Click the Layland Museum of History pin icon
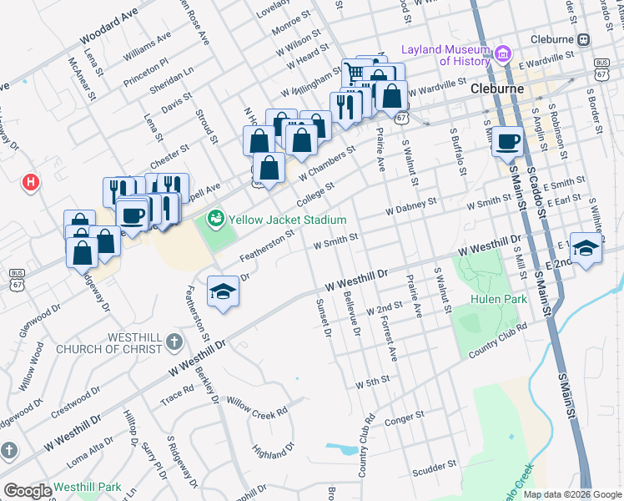click(502, 55)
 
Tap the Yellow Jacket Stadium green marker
click(215, 219)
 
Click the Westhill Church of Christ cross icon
click(173, 341)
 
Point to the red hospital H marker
click(32, 180)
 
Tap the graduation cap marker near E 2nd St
click(586, 247)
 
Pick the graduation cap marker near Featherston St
click(223, 291)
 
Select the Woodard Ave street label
click(108, 29)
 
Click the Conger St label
click(405, 421)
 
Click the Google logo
click(28, 491)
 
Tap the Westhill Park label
click(88, 487)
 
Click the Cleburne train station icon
click(584, 39)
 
